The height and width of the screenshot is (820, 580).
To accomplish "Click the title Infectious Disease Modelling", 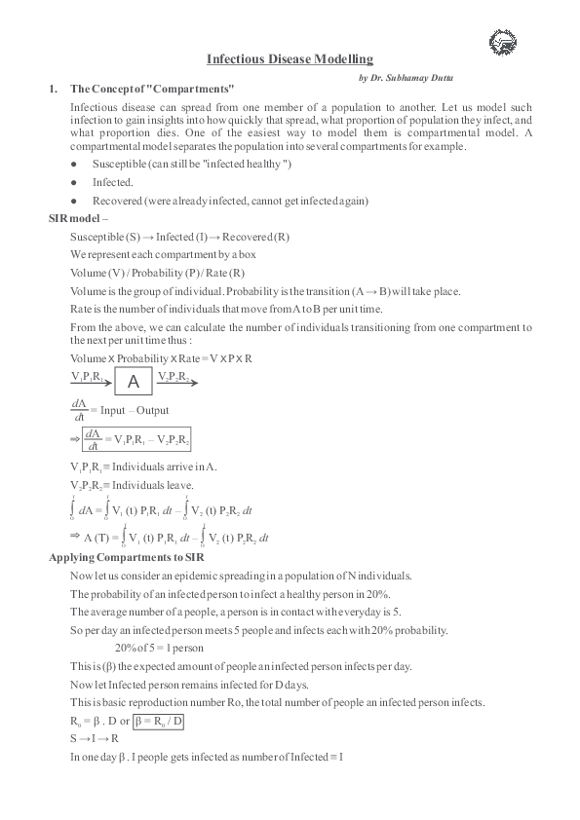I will [x=290, y=59].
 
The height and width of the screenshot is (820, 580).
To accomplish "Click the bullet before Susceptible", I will [x=74, y=165].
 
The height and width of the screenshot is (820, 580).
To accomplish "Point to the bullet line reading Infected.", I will [x=113, y=182].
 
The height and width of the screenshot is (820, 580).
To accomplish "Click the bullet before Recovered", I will [x=74, y=201].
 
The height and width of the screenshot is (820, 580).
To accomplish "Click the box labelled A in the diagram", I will [x=135, y=381].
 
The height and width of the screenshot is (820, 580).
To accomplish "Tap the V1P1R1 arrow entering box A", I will [x=91, y=383].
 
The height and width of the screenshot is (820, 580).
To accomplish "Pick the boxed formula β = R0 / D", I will [x=158, y=721].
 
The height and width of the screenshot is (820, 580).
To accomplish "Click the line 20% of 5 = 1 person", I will [x=158, y=648].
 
